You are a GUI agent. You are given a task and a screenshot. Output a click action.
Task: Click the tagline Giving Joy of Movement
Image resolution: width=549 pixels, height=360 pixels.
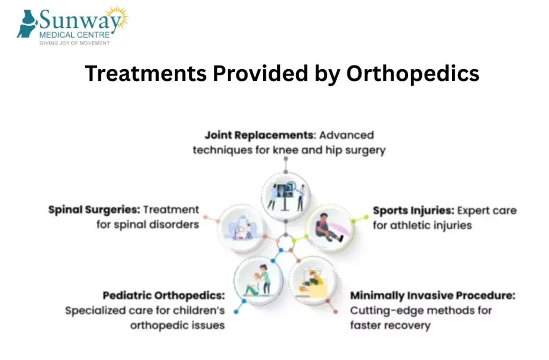pyautogui.click(x=75, y=43)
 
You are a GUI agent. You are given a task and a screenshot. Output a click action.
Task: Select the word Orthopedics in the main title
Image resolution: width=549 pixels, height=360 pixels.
pyautogui.click(x=412, y=74)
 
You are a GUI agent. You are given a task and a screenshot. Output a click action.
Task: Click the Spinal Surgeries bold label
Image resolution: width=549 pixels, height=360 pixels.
pyautogui.click(x=94, y=209)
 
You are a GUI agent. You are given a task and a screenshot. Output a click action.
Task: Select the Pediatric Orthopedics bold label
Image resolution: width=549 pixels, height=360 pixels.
pyautogui.click(x=164, y=296)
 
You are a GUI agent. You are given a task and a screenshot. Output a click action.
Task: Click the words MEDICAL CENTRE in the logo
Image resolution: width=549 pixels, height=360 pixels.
pyautogui.click(x=75, y=35)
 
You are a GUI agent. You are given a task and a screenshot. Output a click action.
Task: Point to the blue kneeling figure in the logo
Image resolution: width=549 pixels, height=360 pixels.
pyautogui.click(x=27, y=24)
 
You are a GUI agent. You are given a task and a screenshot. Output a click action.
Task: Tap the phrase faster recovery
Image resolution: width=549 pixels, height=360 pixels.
pyautogui.click(x=390, y=325)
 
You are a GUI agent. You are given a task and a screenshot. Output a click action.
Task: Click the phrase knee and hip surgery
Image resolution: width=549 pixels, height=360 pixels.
pyautogui.click(x=329, y=150)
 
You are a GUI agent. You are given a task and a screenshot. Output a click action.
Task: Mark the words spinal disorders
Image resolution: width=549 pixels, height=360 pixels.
pyautogui.click(x=158, y=224)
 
